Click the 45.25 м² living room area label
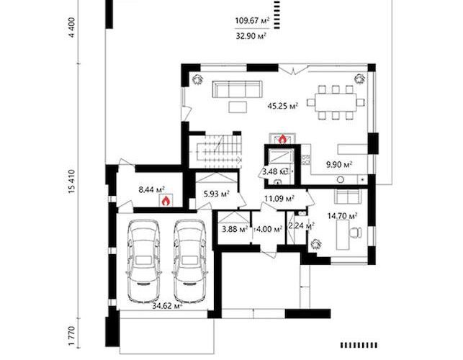tap(282, 105)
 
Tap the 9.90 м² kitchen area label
tap(338, 164)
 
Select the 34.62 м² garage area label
tap(167, 306)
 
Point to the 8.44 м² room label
tap(151, 189)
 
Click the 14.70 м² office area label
tap(342, 216)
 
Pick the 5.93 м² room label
tap(217, 194)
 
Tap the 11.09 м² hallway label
tap(279, 199)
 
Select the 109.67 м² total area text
tap(252, 21)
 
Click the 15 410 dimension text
tap(71, 181)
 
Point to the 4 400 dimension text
tap(71, 27)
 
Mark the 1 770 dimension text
tap(71, 336)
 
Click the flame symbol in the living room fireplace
tap(282, 139)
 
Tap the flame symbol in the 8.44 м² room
tap(166, 201)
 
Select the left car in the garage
tap(144, 261)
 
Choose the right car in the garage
tap(189, 261)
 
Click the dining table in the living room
tap(336, 102)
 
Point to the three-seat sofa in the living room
tap(237, 89)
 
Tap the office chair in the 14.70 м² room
tap(356, 232)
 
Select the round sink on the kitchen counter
tap(341, 179)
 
